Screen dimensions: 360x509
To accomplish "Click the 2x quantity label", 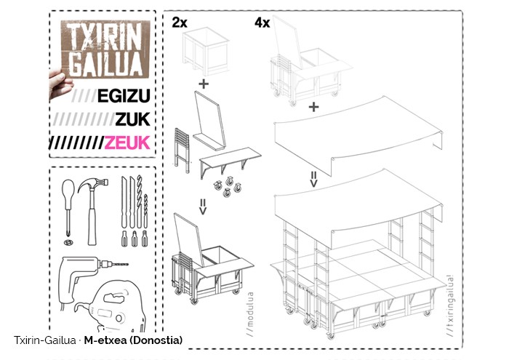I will coord(180,23).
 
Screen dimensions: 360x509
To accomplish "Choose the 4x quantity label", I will coord(262,23).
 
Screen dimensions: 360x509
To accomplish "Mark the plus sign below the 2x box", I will coord(203,84).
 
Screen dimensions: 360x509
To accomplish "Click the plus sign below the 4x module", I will coord(314,107).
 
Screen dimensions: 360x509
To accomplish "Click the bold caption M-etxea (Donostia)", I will coord(133,340).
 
